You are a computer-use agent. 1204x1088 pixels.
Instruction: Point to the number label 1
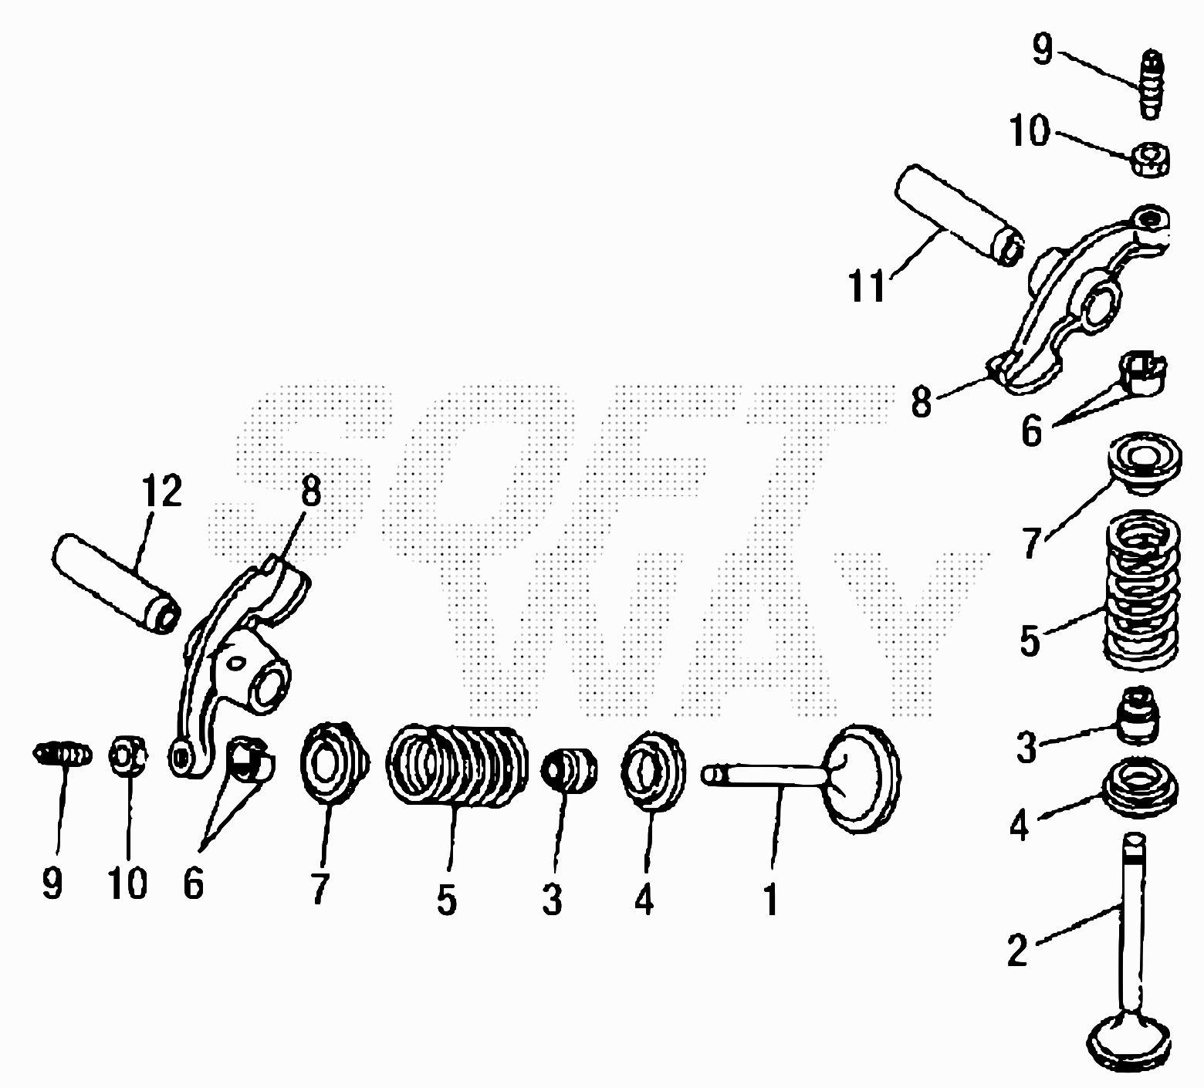(x=770, y=898)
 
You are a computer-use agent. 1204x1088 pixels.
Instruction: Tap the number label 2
(x=1018, y=950)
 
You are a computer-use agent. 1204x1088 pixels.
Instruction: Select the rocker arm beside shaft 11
(x=1081, y=296)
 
